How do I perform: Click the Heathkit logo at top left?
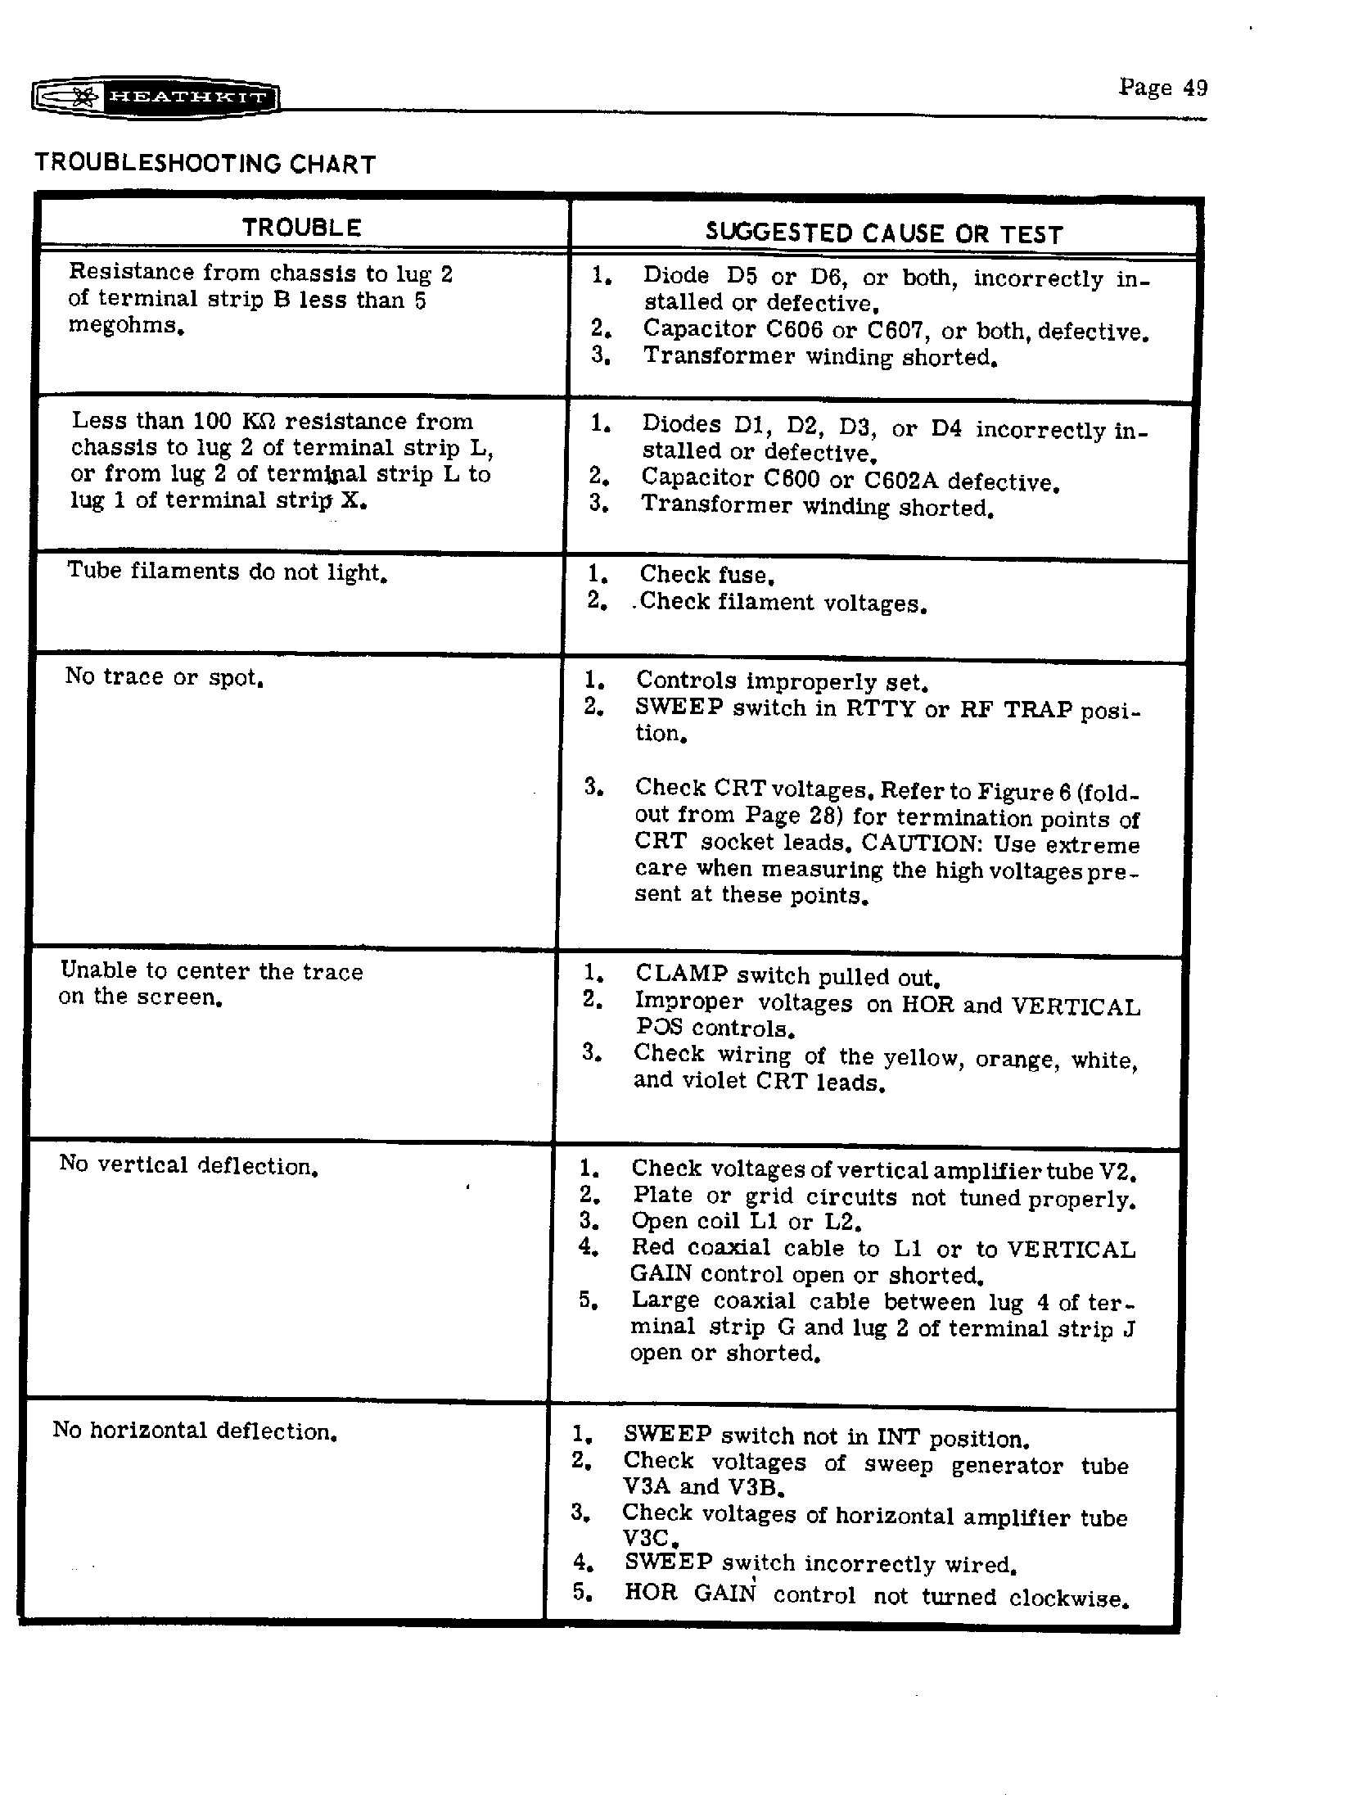(156, 97)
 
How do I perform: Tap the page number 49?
(1163, 88)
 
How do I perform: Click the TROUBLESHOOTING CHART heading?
(205, 164)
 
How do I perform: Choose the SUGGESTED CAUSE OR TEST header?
(884, 234)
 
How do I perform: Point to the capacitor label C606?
(787, 329)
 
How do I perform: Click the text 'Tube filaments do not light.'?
(227, 572)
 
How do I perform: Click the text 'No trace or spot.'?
(164, 678)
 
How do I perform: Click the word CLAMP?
(681, 974)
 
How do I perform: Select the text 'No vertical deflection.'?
(188, 1165)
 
